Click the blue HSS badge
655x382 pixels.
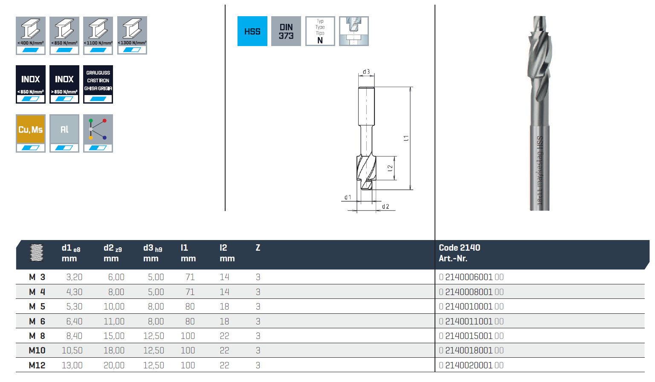click(252, 31)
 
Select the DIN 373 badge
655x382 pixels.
click(286, 31)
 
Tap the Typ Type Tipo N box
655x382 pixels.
click(320, 31)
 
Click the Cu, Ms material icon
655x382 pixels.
click(31, 133)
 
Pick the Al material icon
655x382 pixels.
click(64, 133)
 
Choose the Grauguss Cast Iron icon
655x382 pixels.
click(98, 84)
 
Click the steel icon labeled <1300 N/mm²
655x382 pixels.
click(132, 35)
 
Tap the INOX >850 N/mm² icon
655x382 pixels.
click(64, 84)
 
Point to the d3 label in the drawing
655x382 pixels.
click(366, 72)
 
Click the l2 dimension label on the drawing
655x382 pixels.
click(390, 168)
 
